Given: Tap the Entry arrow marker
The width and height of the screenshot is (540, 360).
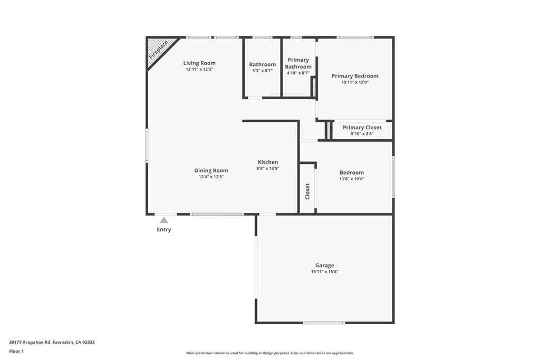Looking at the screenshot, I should pos(164,220).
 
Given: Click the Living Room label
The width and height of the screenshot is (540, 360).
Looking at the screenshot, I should pos(199,63).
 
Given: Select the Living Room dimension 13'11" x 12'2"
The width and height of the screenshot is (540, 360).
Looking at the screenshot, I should pos(199,70).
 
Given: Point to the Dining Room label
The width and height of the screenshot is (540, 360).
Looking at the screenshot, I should pos(211,170).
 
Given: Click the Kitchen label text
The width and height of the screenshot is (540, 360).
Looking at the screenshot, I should pos(268,162).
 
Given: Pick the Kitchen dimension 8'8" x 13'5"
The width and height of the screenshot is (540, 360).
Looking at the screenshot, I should pos(268,169).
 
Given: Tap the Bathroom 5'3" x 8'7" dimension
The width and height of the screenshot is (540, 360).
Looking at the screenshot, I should pos(262,71).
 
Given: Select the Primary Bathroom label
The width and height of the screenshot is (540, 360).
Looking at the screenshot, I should pos(298,63).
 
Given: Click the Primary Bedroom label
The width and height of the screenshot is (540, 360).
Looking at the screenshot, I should pos(355,76).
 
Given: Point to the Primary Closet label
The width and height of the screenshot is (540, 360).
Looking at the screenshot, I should pos(362,128).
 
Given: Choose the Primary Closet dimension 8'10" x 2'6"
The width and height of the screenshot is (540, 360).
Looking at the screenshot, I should pos(362,134).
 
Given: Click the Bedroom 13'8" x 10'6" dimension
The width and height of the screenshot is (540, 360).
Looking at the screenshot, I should pos(351,179).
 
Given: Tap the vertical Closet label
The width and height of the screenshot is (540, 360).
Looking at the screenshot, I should pos(307,191).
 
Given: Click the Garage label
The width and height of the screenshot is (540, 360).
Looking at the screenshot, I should pos(324,266).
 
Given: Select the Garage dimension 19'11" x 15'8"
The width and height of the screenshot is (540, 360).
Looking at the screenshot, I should pos(324,272).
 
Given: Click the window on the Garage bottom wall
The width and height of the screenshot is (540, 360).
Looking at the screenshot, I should pos(324,323).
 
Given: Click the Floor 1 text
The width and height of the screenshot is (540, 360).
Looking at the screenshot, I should pos(16,351).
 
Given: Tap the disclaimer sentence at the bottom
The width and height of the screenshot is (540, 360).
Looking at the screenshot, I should pos(270,353).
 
